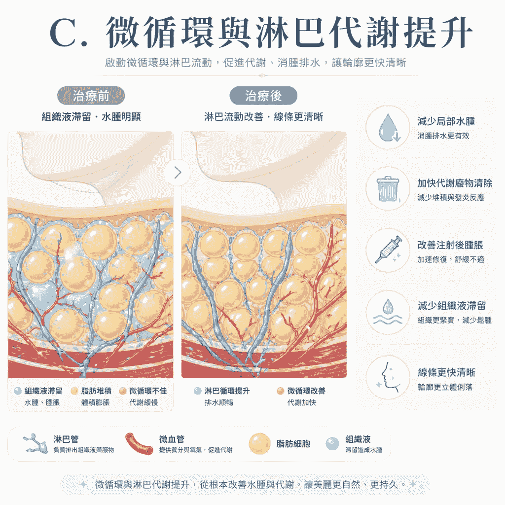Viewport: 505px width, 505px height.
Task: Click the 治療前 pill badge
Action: tap(91, 96)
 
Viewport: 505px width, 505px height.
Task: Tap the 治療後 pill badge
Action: tap(263, 96)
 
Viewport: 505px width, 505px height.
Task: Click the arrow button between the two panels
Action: tap(178, 173)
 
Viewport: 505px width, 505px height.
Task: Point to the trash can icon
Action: tap(388, 189)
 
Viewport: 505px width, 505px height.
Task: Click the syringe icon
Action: tap(389, 250)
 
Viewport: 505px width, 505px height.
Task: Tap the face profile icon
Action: tap(389, 377)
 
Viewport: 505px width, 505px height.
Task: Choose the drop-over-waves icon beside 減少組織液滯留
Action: tap(388, 312)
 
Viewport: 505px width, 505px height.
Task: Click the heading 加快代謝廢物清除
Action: tap(455, 183)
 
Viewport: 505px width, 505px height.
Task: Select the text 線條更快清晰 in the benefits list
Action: tap(446, 372)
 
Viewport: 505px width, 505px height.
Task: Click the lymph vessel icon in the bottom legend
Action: tap(36, 443)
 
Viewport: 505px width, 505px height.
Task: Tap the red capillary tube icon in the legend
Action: tap(139, 443)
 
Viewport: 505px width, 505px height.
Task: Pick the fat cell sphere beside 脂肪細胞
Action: tap(259, 443)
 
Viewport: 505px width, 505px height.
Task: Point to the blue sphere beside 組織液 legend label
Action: tap(332, 444)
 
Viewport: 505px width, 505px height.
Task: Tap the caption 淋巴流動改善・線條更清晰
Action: tap(263, 116)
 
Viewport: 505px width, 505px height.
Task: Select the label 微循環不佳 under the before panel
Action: tap(148, 391)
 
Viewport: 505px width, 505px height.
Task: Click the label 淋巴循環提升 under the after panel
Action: tap(227, 391)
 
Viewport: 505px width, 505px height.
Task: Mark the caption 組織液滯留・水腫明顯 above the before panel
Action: tap(91, 116)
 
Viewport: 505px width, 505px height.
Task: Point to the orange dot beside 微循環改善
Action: tap(281, 391)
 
